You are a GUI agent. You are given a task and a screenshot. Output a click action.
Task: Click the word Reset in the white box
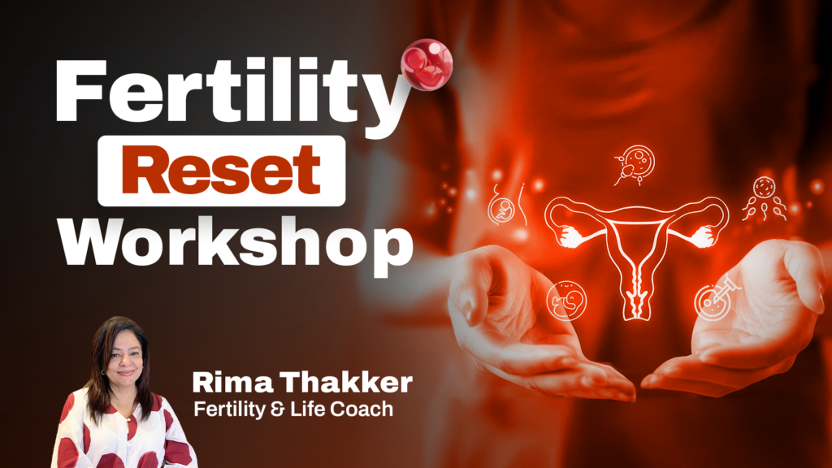[x=221, y=170]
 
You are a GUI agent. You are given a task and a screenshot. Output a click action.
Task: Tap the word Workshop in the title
[x=236, y=244]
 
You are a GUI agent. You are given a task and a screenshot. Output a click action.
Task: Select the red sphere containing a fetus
[x=427, y=65]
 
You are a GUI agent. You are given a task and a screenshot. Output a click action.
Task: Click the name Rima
[x=233, y=383]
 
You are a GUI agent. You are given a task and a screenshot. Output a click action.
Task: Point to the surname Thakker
[x=346, y=382]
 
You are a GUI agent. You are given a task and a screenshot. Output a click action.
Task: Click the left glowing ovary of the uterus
[x=570, y=236]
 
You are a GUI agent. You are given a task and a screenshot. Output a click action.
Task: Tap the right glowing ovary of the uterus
[x=702, y=236]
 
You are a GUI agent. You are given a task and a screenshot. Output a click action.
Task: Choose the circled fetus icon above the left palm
[x=566, y=301]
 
